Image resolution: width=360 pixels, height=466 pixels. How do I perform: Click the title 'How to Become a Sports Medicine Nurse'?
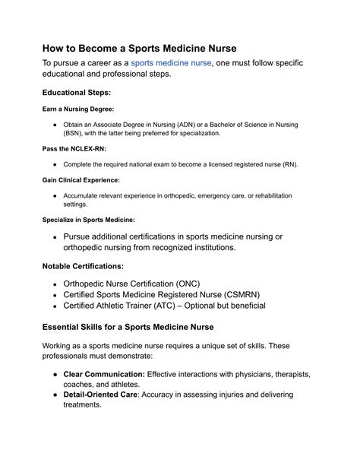tap(139, 47)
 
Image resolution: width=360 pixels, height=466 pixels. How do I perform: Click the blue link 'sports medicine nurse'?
tap(171, 64)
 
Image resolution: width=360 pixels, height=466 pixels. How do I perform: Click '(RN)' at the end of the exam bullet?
tap(289, 164)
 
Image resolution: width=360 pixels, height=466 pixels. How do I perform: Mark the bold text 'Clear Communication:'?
tap(104, 376)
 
